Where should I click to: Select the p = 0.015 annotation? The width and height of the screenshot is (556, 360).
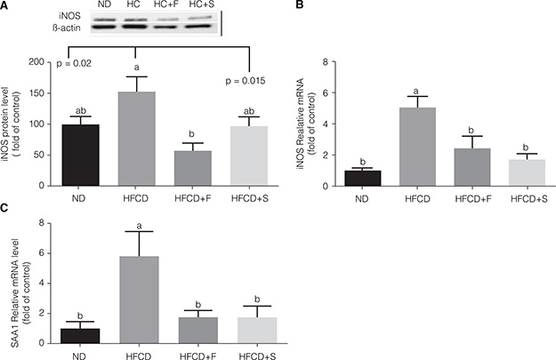coord(252,83)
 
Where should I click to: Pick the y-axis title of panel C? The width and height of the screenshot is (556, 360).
coord(16,284)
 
